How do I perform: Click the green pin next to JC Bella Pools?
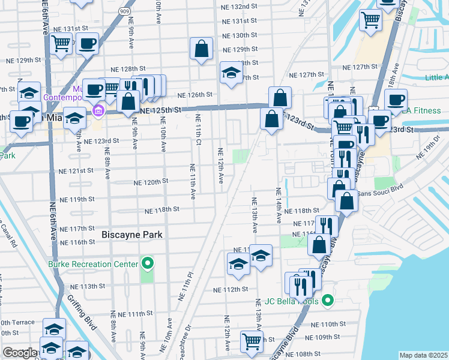point(327,300)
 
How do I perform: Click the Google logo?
point(19,353)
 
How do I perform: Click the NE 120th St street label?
point(151,182)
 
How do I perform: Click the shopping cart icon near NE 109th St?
point(252,341)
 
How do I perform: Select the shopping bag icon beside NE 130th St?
point(202,49)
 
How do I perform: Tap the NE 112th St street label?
point(231,289)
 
